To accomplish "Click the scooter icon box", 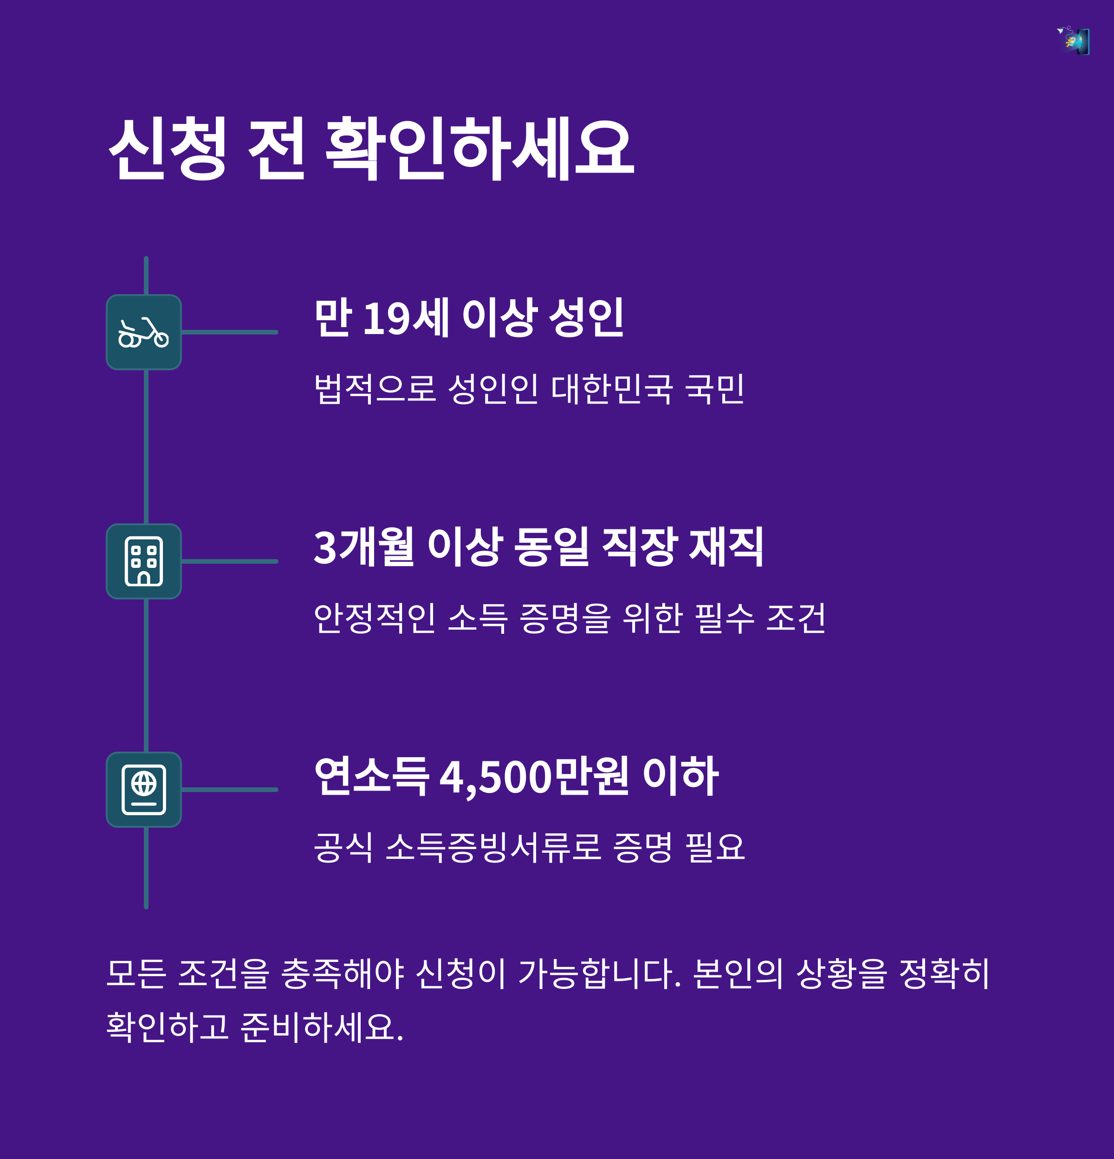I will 144,332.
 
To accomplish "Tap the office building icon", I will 144,561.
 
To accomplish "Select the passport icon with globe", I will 144,789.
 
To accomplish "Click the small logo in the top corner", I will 1074,41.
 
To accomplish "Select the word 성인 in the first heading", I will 586,318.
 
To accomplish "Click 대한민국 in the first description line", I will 612,389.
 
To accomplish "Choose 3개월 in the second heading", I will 363,547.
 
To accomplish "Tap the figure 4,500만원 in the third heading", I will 534,776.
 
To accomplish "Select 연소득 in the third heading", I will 371,776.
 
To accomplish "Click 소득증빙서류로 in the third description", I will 493,847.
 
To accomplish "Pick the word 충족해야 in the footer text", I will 343,974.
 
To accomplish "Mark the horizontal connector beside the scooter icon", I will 230,332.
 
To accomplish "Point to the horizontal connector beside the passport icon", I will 230,789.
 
